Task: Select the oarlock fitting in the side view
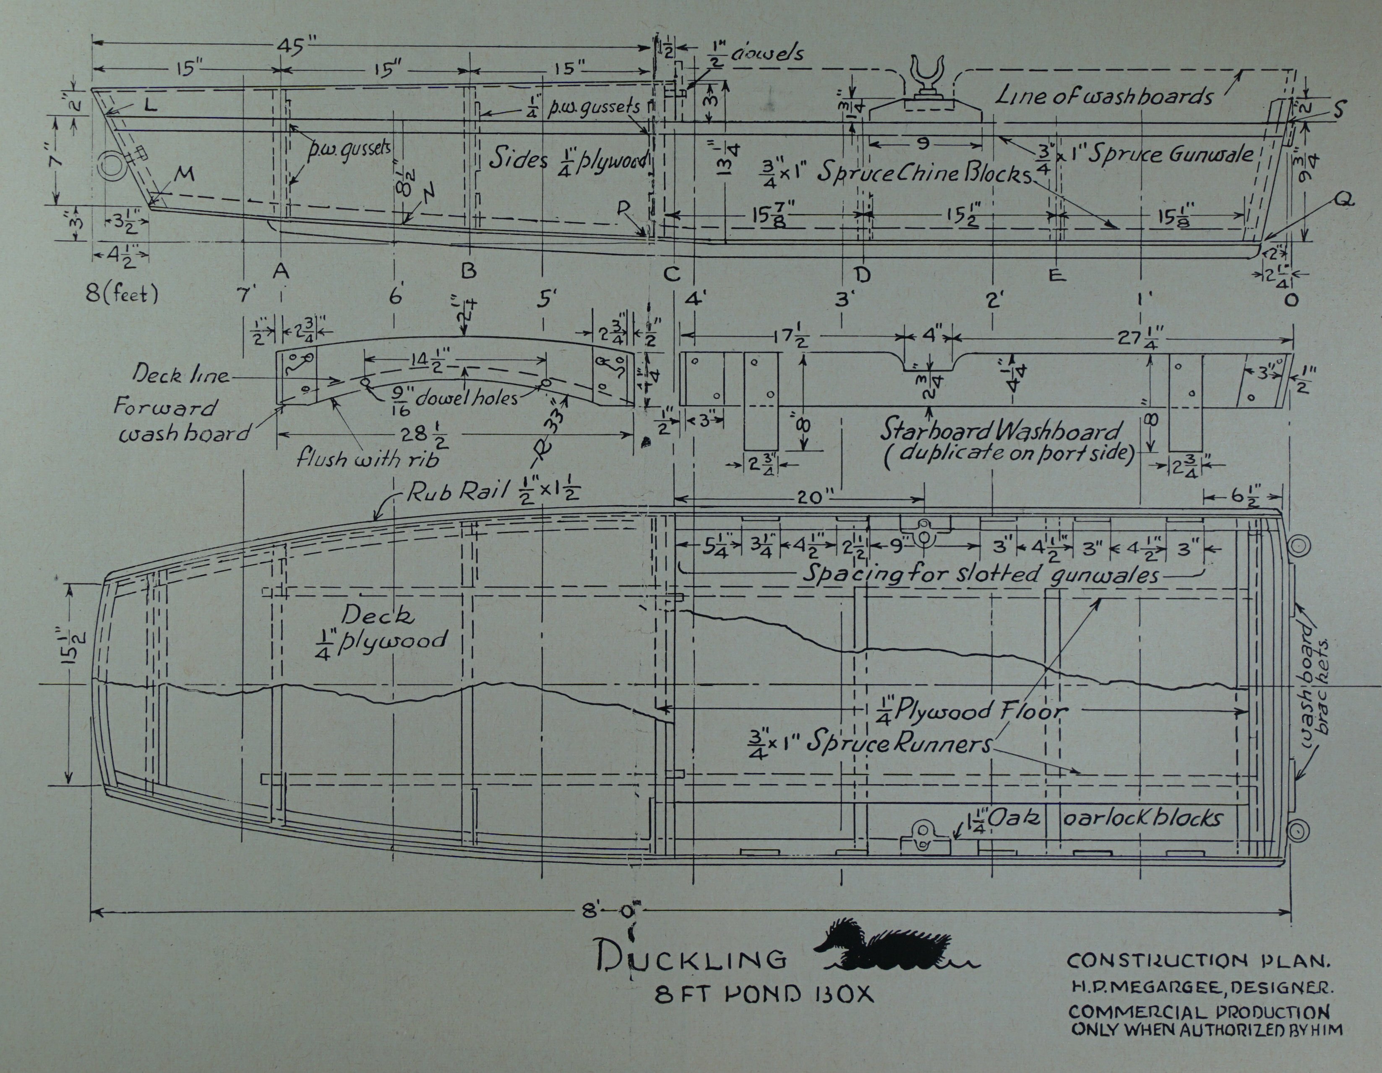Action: [x=926, y=78]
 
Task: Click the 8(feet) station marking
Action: [x=122, y=294]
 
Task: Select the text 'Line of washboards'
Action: [x=1105, y=96]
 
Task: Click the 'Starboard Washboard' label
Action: [x=1000, y=432]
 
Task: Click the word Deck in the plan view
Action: [x=377, y=615]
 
